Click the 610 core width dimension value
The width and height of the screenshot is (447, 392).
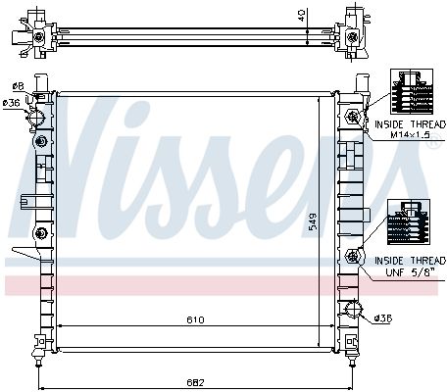pos(195,319)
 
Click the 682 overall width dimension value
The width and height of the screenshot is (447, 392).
pos(195,381)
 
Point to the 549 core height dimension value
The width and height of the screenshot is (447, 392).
pos(313,221)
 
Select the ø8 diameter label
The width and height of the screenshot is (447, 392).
pos(19,86)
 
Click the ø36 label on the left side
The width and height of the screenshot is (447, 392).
pos(12,103)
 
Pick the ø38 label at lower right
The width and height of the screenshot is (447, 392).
pos(383,318)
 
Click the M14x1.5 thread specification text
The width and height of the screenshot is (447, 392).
pos(411,135)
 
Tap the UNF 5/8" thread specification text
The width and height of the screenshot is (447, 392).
pos(411,271)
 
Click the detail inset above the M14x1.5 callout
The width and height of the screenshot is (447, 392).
pos(412,91)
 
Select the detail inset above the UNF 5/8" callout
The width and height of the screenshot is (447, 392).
pos(409,222)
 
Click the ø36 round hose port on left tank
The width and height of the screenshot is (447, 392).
pos(36,117)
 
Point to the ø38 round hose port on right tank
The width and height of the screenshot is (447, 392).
pos(353,309)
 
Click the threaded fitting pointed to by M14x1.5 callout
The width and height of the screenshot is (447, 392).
pos(353,116)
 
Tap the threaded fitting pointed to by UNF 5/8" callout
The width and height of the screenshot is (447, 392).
pos(353,256)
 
